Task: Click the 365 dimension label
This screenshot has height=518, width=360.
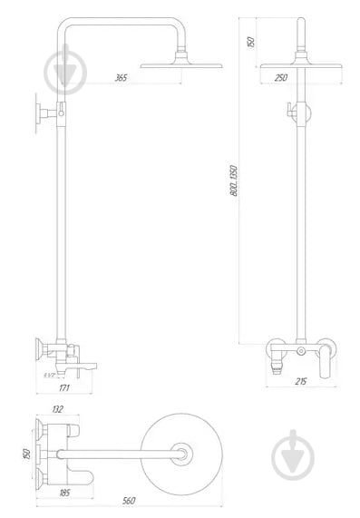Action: coord(121,78)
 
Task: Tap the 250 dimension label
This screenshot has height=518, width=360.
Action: coord(281,78)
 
